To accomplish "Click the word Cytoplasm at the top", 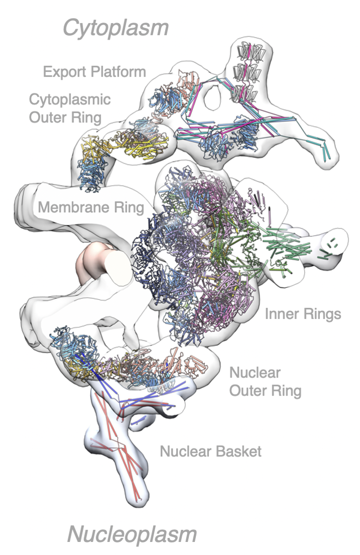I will coord(115,28).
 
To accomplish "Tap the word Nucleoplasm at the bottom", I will coord(131,534).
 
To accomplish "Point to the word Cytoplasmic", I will coord(69,99).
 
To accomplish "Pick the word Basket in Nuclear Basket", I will coord(240,451).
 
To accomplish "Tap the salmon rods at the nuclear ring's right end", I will coord(199,363).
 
